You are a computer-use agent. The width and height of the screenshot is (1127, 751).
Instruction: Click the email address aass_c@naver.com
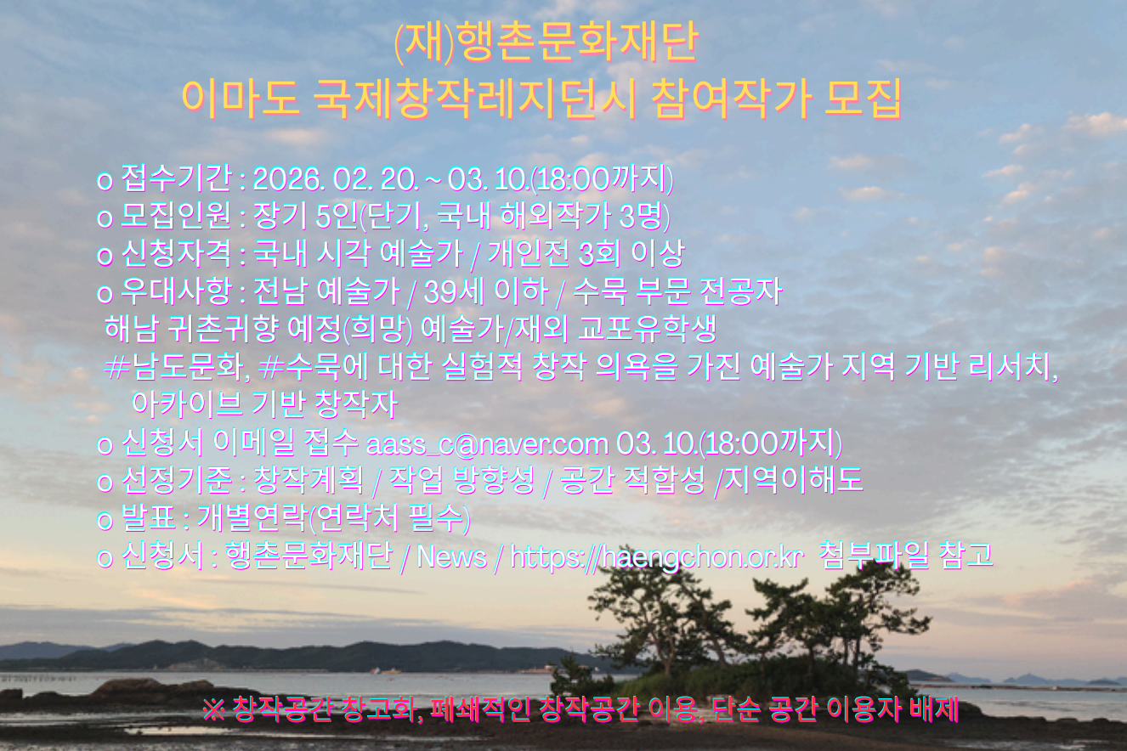[486, 443]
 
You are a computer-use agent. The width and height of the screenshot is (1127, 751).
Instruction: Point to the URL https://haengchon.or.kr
[655, 557]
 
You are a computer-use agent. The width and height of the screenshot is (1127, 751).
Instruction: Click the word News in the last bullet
[451, 556]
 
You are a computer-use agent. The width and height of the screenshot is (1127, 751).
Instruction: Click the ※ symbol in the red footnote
[214, 709]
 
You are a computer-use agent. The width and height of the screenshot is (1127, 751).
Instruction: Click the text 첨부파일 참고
[906, 556]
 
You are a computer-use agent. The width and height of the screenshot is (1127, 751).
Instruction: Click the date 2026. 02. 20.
[335, 179]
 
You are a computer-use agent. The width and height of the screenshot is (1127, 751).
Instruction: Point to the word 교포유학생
[647, 329]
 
